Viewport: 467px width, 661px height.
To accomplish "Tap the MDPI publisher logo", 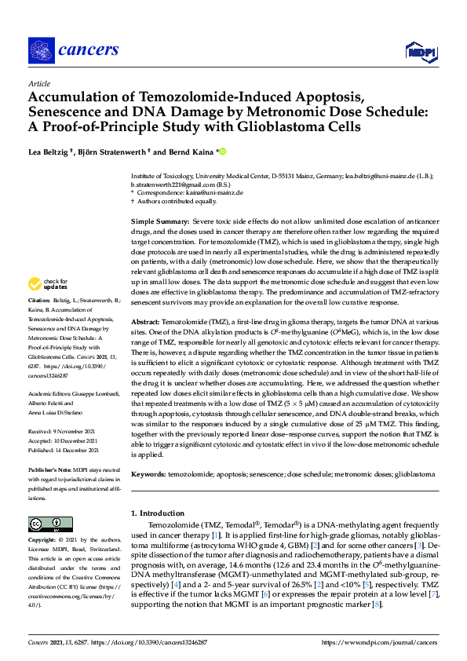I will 422,53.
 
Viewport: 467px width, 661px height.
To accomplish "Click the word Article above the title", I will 38,82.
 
